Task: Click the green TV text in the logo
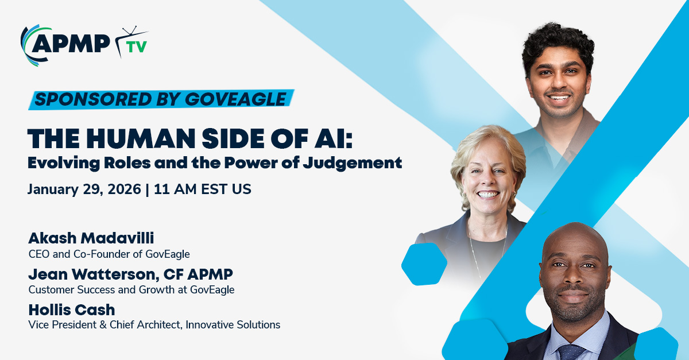pos(137,47)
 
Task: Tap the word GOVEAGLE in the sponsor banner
pos(235,99)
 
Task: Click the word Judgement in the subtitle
pos(352,163)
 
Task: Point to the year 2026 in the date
pos(124,189)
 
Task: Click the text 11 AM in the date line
pos(175,189)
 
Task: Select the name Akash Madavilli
pos(91,238)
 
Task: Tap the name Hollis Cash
pos(72,309)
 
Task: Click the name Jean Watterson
pos(94,274)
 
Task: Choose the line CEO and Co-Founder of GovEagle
pos(109,254)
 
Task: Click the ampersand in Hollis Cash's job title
pos(103,325)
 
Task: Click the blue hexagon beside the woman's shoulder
pos(424,264)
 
